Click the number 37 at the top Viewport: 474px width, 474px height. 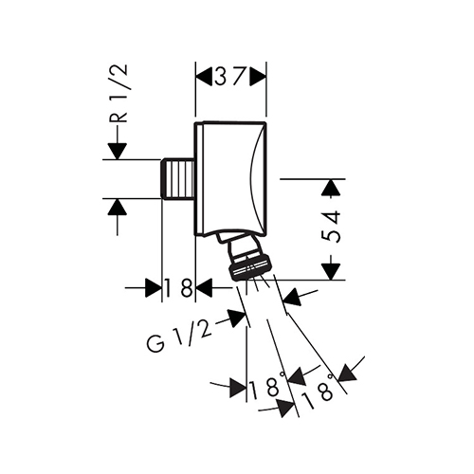(230, 77)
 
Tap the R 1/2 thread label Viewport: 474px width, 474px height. (118, 94)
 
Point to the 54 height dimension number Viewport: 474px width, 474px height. (331, 227)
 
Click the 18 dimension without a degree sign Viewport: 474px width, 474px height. (178, 287)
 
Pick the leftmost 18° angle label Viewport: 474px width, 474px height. (267, 385)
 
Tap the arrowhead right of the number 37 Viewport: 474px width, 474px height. (258, 77)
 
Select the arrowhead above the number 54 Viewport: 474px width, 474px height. (331, 188)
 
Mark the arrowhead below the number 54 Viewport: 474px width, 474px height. (331, 271)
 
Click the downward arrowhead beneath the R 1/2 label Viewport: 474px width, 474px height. (118, 152)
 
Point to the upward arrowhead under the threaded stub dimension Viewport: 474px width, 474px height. (118, 207)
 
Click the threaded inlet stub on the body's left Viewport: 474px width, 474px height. (178, 179)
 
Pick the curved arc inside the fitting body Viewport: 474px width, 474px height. (256, 179)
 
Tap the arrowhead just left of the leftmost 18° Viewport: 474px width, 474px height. (238, 387)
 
